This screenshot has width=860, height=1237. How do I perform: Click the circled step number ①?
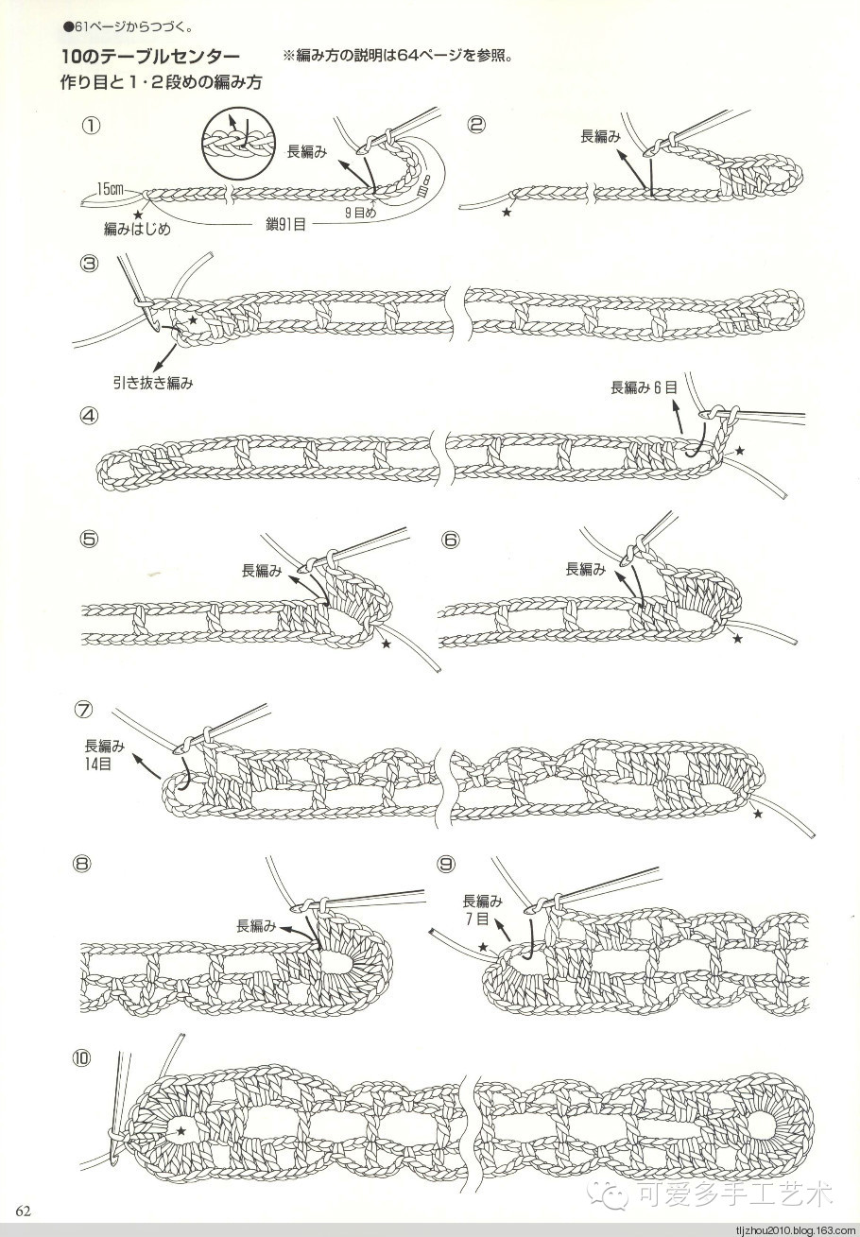point(92,125)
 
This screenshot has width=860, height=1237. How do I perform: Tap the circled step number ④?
point(91,415)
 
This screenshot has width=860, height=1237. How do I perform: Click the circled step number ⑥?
point(450,540)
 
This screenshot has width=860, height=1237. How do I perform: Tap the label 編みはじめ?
point(137,230)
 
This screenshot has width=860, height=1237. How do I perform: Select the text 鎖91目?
point(285,224)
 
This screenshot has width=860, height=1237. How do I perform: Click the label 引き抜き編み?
point(152,383)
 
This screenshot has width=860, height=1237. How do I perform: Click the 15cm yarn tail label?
point(111,190)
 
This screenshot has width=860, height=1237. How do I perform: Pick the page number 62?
point(24,1212)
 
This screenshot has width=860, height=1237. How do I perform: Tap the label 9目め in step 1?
point(359,214)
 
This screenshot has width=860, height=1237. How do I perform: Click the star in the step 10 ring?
point(181,1130)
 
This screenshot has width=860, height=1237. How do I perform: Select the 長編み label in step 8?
point(256,925)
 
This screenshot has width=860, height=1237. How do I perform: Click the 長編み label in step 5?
point(261,570)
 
